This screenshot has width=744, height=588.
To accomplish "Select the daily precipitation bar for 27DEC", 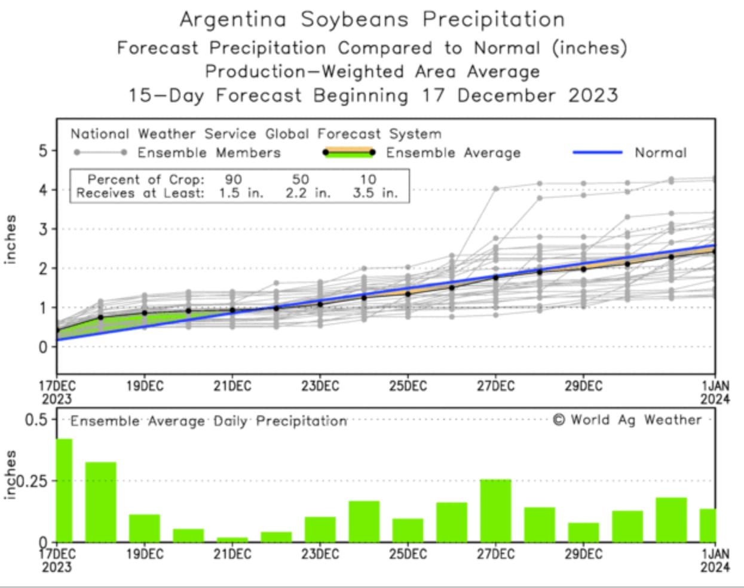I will pos(495,510).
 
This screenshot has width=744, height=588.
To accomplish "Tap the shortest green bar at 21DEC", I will pos(232,539).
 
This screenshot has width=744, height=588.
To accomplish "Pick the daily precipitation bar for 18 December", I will pos(100,502).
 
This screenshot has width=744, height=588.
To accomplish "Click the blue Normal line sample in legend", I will pos(598,152).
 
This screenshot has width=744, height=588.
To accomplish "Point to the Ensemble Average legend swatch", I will pos(349,152).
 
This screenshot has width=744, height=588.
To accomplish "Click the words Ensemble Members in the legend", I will pos(209,153).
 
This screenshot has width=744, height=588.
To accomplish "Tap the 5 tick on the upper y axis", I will pos(43,151).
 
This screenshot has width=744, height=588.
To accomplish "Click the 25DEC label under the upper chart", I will pos(408,386).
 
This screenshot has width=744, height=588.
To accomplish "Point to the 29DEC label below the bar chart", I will pos(583,553).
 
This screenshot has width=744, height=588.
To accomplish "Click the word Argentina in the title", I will pos(233,19).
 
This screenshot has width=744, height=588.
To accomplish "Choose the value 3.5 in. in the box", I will pos(375,193).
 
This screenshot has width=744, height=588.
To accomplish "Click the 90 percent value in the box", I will pos(233,179).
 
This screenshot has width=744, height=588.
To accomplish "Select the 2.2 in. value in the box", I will pos(307,193).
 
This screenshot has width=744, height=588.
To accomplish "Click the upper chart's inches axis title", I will pos(10,239).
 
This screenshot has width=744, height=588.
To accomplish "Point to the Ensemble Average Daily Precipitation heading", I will pos(209,421).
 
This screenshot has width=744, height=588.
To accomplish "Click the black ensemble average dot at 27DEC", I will pos(495,277).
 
